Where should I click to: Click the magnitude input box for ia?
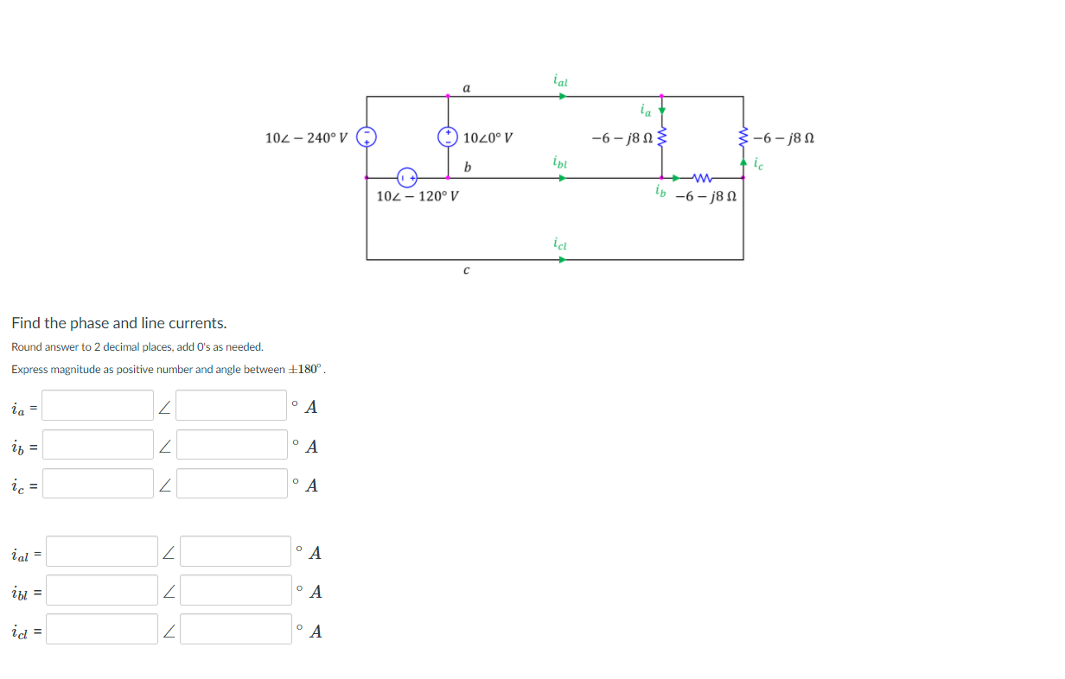pyautogui.click(x=98, y=405)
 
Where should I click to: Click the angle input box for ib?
pyautogui.click(x=232, y=445)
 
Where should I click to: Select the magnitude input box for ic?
pyautogui.click(x=98, y=484)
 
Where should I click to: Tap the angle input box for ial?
pyautogui.click(x=235, y=551)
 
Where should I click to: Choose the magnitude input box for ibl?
pyautogui.click(x=102, y=590)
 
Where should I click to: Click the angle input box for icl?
pyautogui.click(x=235, y=629)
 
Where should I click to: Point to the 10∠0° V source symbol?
pyautogui.click(x=448, y=136)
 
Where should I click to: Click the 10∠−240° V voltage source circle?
pyautogui.click(x=367, y=136)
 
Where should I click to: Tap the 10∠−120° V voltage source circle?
pyautogui.click(x=407, y=178)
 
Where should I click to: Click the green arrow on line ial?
pyautogui.click(x=562, y=96)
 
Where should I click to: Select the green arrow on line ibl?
pyautogui.click(x=562, y=178)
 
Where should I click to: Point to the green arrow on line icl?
pyautogui.click(x=562, y=259)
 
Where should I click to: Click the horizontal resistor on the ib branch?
pyautogui.click(x=702, y=178)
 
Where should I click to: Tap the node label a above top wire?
pyautogui.click(x=467, y=87)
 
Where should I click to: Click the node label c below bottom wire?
pyautogui.click(x=467, y=271)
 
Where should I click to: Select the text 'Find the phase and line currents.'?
pyautogui.click(x=119, y=323)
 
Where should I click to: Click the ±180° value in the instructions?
pyautogui.click(x=307, y=370)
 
